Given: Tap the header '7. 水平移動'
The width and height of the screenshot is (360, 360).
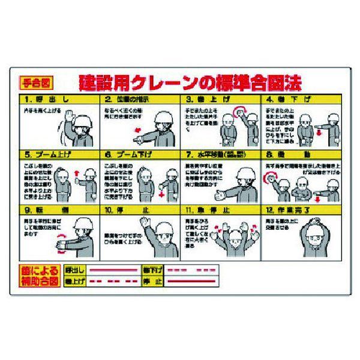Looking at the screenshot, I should [x=220, y=154].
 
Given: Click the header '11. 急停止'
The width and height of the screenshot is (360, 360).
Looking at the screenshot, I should [x=220, y=211].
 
